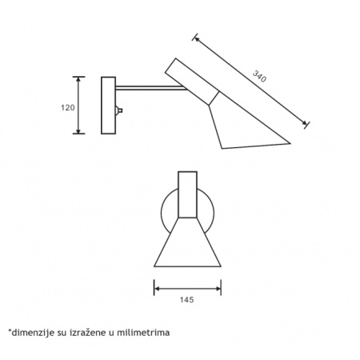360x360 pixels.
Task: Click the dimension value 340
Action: pyautogui.click(x=259, y=76)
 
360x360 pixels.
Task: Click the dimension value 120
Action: pyautogui.click(x=68, y=108)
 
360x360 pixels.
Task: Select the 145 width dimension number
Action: pyautogui.click(x=186, y=300)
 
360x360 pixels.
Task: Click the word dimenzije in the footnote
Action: pyautogui.click(x=32, y=333)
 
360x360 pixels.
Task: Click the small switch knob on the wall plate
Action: pyautogui.click(x=119, y=110)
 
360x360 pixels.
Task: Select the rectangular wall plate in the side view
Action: pyautogui.click(x=108, y=106)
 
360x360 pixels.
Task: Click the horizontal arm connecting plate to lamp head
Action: pyautogui.click(x=151, y=88)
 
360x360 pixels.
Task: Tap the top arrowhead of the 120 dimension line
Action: pyautogui.click(x=78, y=79)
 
